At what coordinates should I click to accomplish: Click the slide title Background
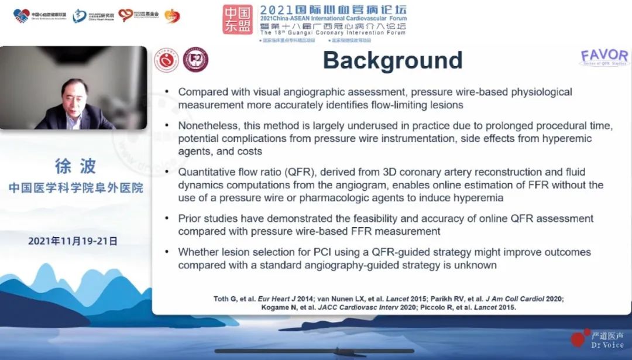[393, 61]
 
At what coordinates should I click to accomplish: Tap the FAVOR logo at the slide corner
[604, 57]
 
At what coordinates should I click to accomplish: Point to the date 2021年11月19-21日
[73, 241]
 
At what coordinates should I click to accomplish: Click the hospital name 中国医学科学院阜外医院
[75, 188]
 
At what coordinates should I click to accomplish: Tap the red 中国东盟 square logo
[238, 19]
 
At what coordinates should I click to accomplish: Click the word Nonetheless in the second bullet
[207, 126]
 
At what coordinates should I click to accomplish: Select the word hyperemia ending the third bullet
[478, 198]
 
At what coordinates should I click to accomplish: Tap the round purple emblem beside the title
[195, 60]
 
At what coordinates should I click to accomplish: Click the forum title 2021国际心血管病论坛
[333, 10]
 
